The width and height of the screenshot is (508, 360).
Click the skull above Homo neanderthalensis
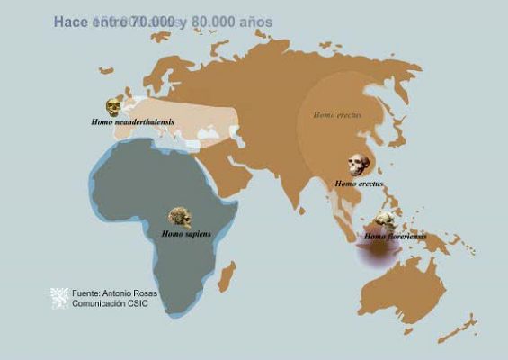(114, 107)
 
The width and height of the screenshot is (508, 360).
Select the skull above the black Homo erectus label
(359, 166)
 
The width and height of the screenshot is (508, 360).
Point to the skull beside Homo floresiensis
(387, 221)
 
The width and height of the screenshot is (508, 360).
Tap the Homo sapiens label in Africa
(186, 234)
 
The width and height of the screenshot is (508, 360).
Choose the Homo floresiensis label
(395, 237)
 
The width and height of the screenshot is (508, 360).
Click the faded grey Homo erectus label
(336, 115)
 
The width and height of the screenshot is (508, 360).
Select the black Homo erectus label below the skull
(359, 184)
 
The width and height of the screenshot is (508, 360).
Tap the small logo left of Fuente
(58, 298)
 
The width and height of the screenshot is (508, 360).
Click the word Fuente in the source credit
(86, 292)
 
